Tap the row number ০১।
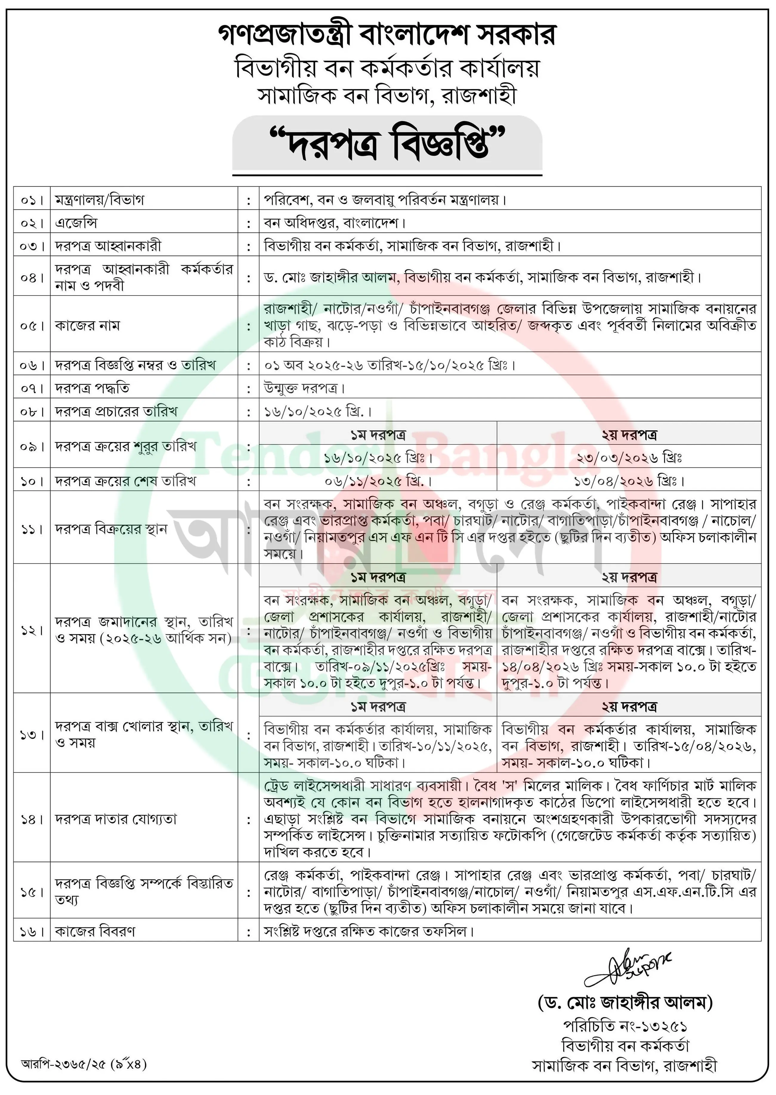coord(32,200)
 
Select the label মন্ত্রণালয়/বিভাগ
coord(99,200)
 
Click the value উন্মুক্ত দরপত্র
coord(304,388)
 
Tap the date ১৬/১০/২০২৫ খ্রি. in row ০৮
coord(317,411)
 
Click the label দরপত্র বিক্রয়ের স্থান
coord(111,529)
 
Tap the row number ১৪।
coord(32,819)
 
